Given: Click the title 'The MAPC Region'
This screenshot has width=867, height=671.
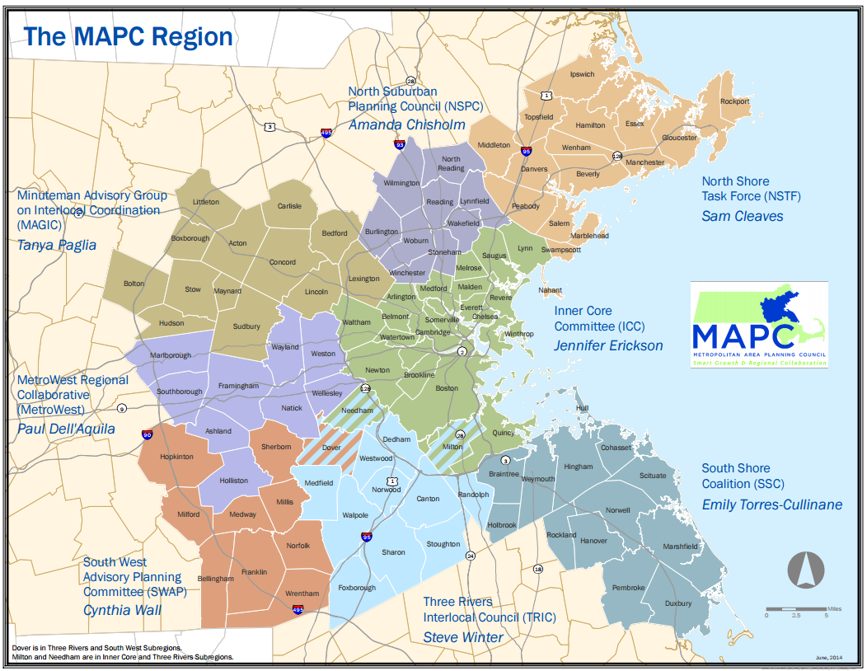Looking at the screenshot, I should (x=128, y=37).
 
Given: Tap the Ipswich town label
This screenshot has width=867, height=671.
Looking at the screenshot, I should (x=582, y=74).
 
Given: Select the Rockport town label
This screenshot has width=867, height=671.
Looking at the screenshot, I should (x=735, y=101).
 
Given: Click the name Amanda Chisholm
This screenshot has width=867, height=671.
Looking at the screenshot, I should (x=406, y=124).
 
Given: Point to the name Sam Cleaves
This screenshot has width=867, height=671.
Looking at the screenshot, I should (x=742, y=216).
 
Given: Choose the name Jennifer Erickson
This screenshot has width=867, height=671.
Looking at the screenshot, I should (x=608, y=345).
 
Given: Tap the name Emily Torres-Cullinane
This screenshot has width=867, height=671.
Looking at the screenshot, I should (x=771, y=504).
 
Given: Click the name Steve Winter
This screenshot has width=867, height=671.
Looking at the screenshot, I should (x=463, y=636).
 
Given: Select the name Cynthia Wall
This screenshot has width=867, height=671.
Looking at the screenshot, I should (x=122, y=610).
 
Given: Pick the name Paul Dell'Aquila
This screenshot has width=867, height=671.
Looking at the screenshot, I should (x=66, y=429).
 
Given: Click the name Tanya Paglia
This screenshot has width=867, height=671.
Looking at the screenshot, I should (x=57, y=245).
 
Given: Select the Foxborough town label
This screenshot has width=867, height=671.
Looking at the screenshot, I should (x=357, y=588).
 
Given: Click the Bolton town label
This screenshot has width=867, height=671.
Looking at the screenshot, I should (x=134, y=284).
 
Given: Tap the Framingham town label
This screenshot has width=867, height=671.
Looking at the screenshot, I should (x=238, y=386).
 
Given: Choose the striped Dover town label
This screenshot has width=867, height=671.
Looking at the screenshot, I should (x=331, y=448).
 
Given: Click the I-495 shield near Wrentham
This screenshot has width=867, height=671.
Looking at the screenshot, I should (x=298, y=610).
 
